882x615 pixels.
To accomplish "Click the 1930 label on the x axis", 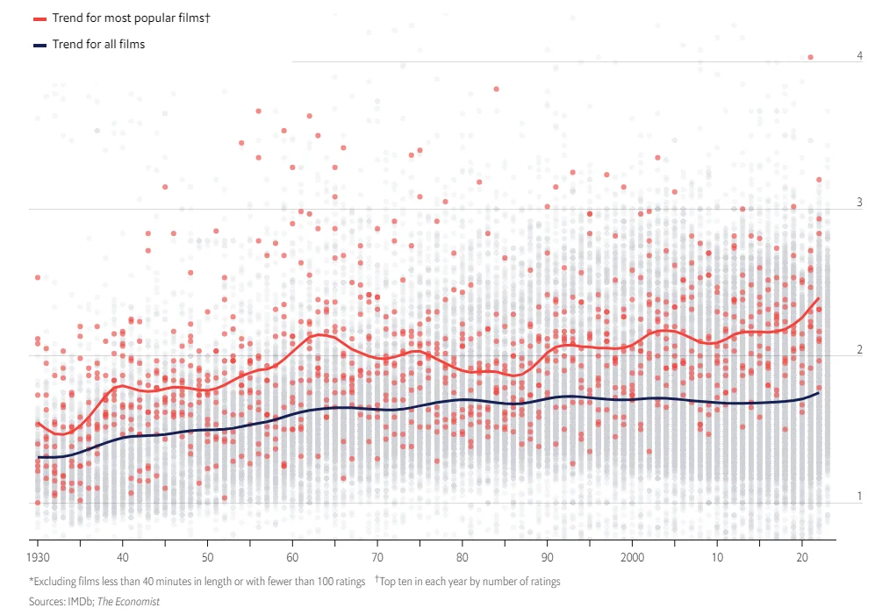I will [x=38, y=557].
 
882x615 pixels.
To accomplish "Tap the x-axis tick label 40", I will [x=123, y=557].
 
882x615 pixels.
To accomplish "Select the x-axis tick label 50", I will [x=207, y=557].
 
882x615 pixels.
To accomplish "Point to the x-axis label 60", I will [x=292, y=557].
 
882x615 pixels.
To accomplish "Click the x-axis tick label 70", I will [x=377, y=557].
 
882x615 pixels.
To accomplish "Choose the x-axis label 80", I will [x=463, y=557].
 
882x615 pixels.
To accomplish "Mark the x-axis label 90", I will [x=548, y=557].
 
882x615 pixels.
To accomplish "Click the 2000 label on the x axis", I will [x=632, y=557].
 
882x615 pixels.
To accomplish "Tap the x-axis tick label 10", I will [x=717, y=557].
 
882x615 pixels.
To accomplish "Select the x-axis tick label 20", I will [x=802, y=557].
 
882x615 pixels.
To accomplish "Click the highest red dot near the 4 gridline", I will [x=811, y=57].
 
